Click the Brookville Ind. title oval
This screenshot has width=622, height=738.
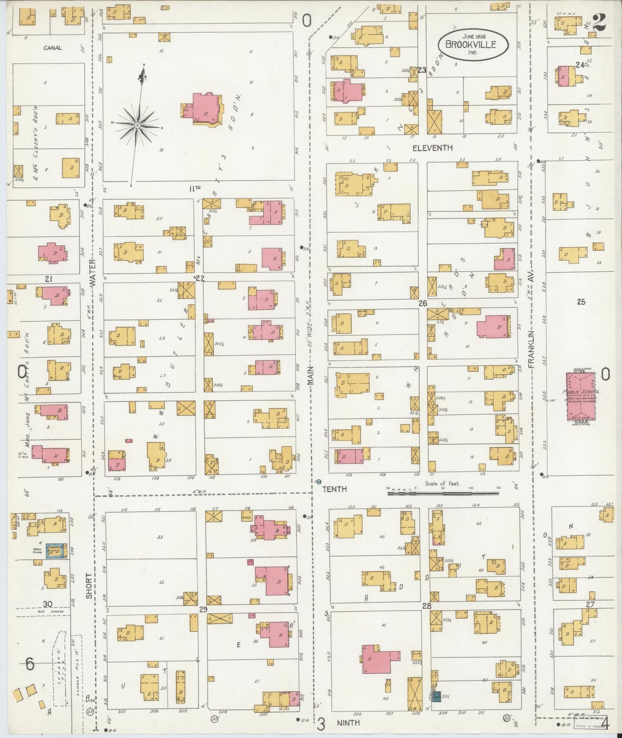coord(473,44)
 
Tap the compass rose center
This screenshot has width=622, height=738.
coord(137,125)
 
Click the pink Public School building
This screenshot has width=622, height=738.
coord(581,396)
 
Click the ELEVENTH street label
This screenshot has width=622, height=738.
coord(432,148)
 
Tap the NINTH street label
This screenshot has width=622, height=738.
coord(348,723)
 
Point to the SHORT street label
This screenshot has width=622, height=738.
coord(89,586)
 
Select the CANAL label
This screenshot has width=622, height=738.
coord(52,48)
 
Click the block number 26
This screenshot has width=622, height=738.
coord(423,303)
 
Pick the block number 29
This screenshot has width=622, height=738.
coord(203,609)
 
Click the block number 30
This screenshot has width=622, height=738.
coord(47,604)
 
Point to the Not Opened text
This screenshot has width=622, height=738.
coord(50,611)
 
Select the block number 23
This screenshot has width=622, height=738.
coord(421,70)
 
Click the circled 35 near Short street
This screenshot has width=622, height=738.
coord(90,712)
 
